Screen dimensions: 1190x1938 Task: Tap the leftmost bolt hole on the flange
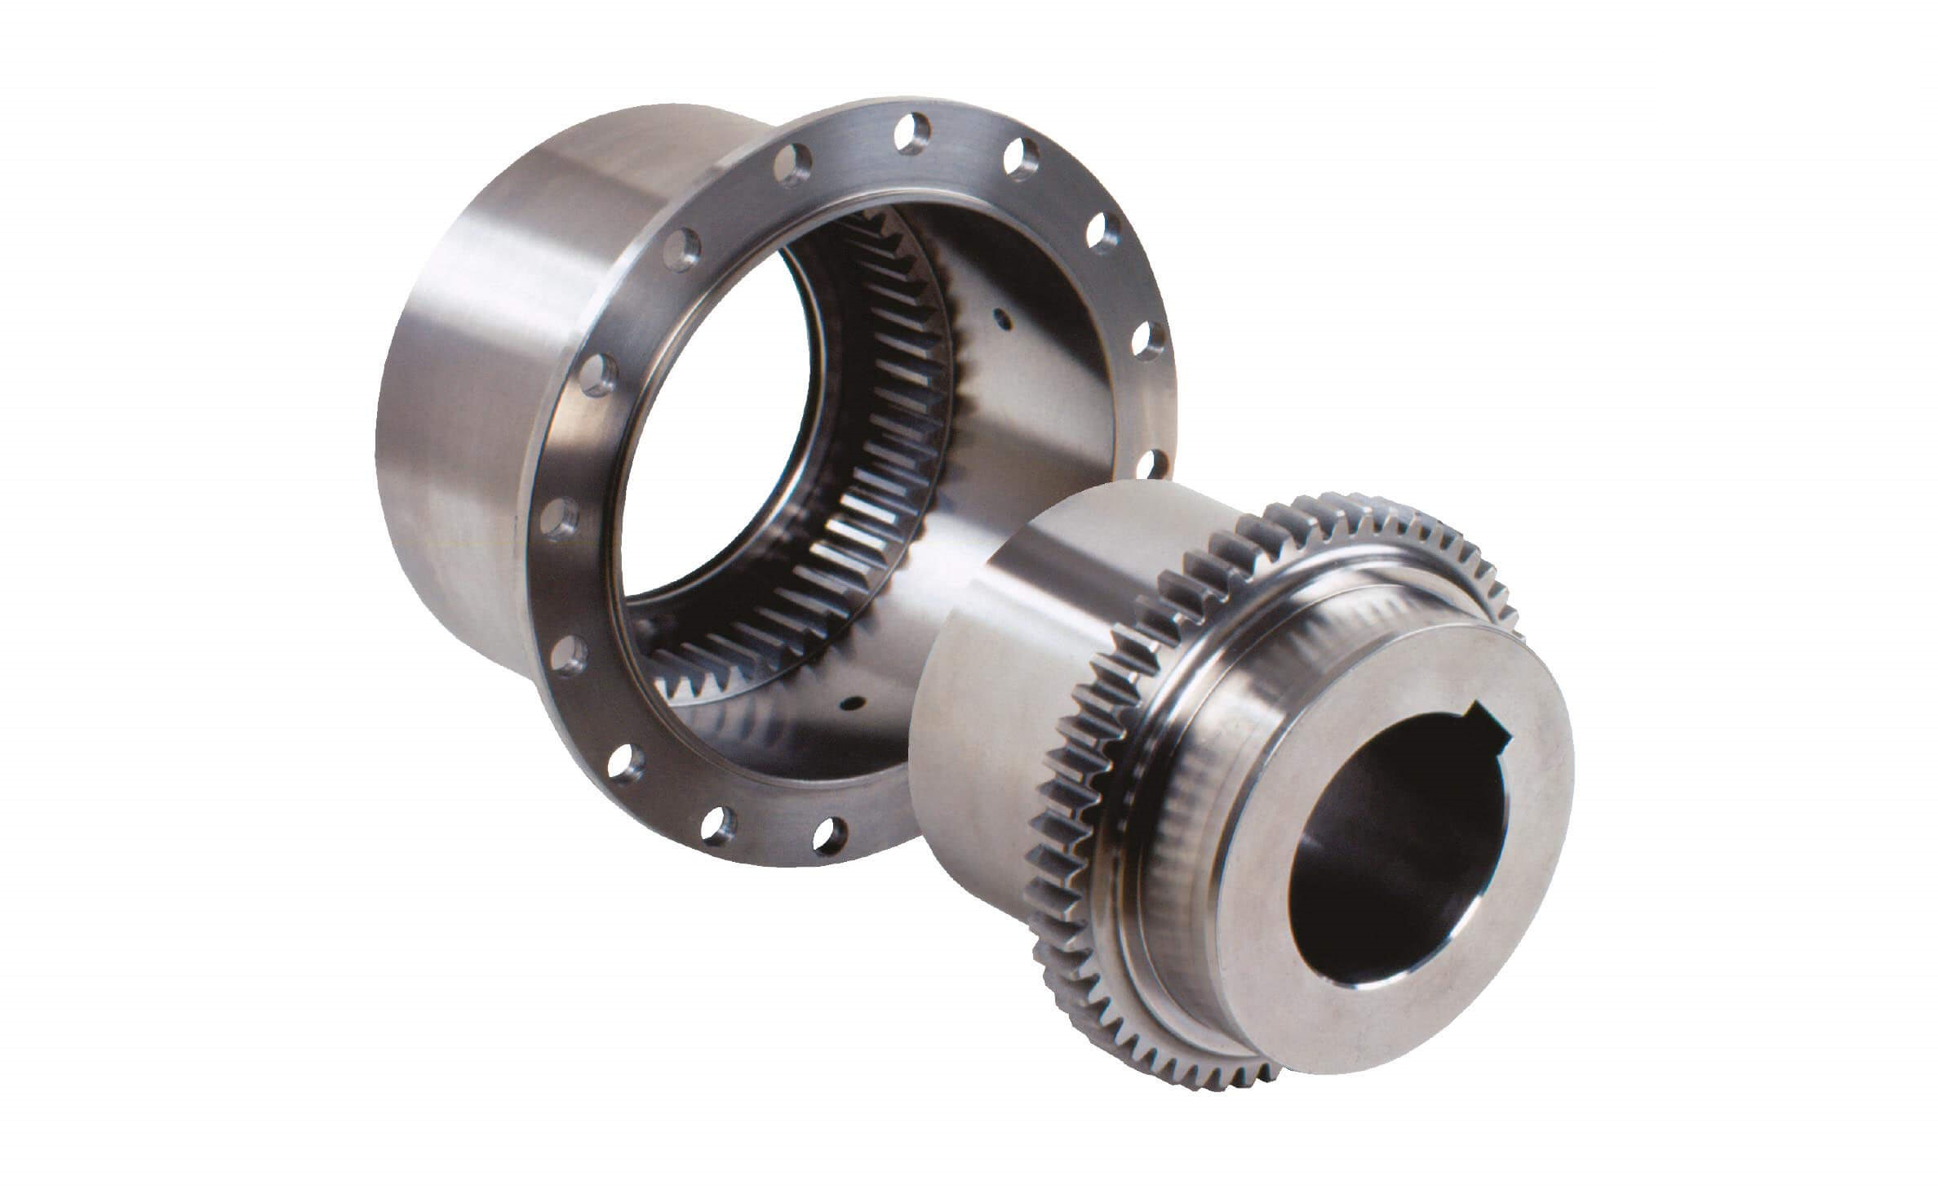point(561,517)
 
